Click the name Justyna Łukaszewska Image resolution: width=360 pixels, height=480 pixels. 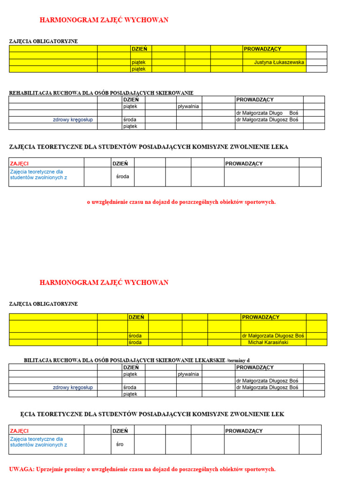[279, 62]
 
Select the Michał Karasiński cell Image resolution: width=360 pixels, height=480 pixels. [268, 342]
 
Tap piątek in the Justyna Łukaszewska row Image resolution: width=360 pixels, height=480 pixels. [139, 62]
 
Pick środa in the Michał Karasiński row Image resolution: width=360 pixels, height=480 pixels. [135, 342]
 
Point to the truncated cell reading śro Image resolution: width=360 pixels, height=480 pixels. [120, 444]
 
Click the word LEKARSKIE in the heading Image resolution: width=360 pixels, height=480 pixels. [210, 360]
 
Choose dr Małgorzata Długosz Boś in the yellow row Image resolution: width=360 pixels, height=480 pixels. [273, 336]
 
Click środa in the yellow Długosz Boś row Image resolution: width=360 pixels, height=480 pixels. [135, 336]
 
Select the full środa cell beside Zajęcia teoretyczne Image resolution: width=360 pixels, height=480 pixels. [123, 176]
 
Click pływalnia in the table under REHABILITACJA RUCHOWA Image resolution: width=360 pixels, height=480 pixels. [188, 106]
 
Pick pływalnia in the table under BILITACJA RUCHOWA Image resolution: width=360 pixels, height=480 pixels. [188, 374]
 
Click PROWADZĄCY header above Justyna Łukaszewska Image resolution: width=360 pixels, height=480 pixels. [262, 49]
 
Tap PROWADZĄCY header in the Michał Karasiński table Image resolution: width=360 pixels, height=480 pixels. [261, 317]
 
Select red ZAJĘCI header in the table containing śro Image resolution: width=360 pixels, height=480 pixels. [19, 431]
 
